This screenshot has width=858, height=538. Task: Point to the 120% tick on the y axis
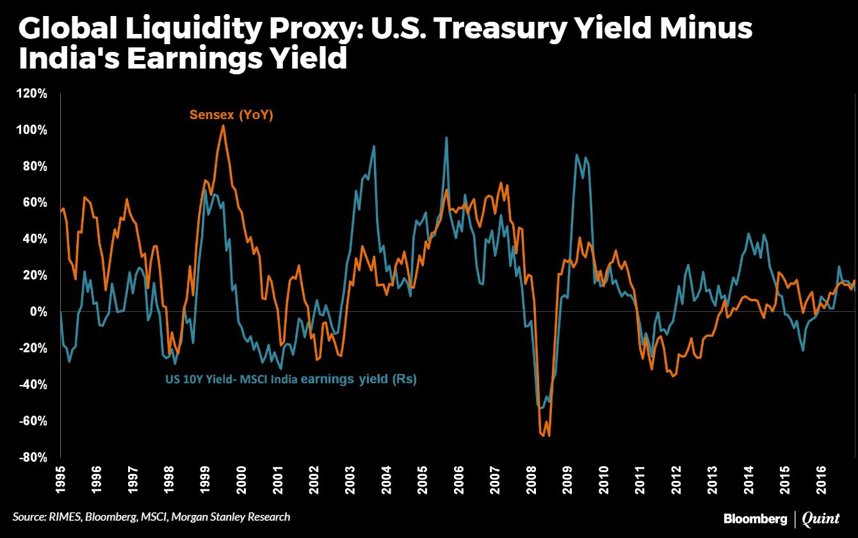tap(33, 94)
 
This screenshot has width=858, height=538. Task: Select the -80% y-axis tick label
tap(31, 457)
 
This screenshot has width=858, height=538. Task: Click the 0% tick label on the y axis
tap(39, 312)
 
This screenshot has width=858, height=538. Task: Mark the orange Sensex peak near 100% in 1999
tap(223, 126)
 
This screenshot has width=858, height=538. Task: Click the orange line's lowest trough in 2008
tap(549, 436)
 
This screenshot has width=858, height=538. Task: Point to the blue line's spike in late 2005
tap(446, 138)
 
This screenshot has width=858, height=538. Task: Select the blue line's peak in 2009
tap(577, 155)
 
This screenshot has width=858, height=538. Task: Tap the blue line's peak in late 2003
tap(374, 146)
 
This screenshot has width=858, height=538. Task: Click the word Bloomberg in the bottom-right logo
tap(755, 517)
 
